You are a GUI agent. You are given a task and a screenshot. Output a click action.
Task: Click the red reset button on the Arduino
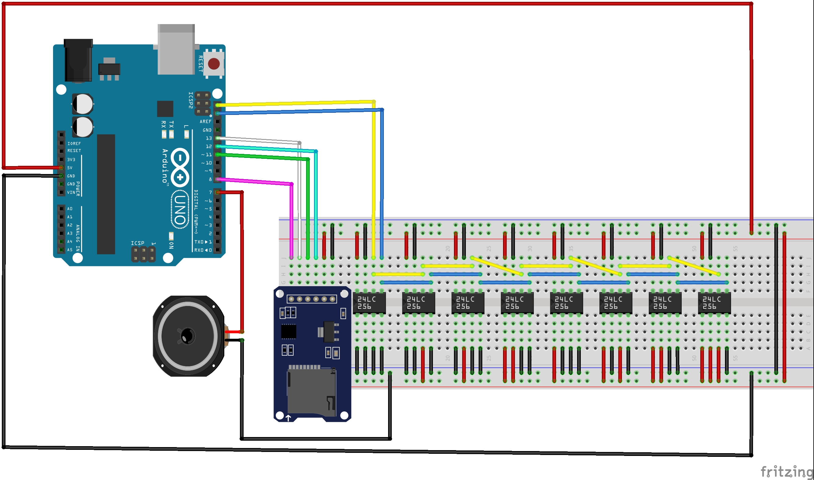tap(213, 64)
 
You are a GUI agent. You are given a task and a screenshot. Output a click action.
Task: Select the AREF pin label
tap(205, 122)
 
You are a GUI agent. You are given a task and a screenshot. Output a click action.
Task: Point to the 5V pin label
tap(70, 168)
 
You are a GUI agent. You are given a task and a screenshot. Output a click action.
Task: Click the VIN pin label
tap(71, 192)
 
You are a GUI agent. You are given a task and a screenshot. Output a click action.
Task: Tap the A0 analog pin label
tap(70, 209)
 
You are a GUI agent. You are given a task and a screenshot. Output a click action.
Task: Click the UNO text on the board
tap(180, 210)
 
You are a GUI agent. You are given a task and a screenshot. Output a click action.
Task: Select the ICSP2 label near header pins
tap(191, 100)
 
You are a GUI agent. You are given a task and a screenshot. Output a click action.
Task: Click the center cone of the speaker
tap(187, 336)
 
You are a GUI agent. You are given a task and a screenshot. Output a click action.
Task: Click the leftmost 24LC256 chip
tap(369, 303)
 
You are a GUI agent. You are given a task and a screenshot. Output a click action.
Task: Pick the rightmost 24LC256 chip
tap(714, 303)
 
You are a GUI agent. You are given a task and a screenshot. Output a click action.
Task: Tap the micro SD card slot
tap(312, 391)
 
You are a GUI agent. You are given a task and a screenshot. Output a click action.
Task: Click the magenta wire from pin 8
tap(255, 182)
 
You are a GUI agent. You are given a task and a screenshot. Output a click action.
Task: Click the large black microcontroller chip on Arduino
tap(106, 194)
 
